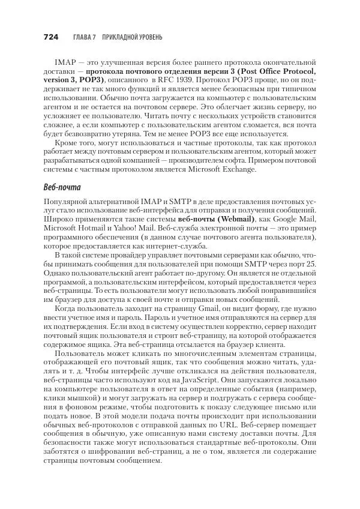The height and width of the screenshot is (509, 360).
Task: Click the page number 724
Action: (x=50, y=37)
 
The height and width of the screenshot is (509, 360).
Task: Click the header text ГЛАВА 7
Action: (x=86, y=37)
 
